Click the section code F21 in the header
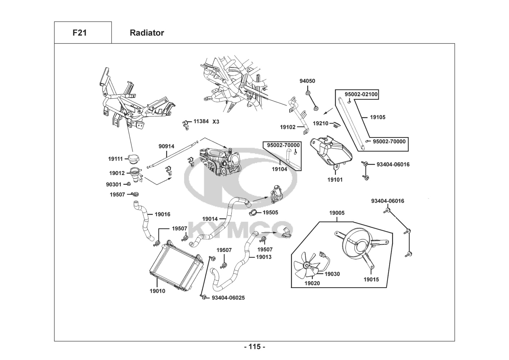[79, 33]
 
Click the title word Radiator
[147, 33]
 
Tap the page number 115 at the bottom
[254, 347]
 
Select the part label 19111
[115, 159]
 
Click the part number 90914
[167, 146]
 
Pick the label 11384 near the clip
[201, 121]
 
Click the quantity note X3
[216, 122]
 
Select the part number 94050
[307, 81]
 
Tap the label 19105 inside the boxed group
[377, 117]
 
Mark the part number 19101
[335, 180]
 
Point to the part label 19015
[371, 279]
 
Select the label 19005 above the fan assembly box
[337, 213]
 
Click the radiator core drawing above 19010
[176, 266]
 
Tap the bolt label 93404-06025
[228, 298]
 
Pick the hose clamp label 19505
[270, 212]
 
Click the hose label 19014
[210, 219]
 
